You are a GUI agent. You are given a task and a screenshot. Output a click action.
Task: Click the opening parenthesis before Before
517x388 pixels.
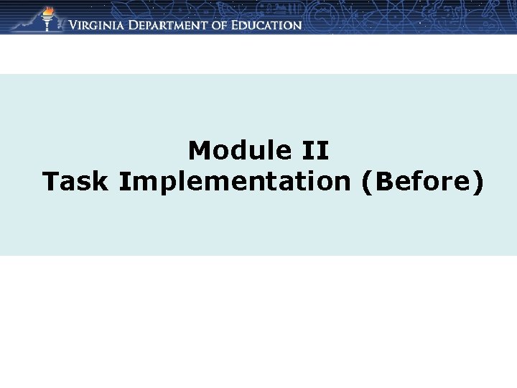pyautogui.click(x=367, y=183)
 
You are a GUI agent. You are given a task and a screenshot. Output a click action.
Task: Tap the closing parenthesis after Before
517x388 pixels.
pyautogui.click(x=478, y=183)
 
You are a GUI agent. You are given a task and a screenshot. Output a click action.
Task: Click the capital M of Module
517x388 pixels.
pyautogui.click(x=198, y=151)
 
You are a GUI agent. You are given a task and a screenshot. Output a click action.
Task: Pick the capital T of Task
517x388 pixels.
pyautogui.click(x=50, y=182)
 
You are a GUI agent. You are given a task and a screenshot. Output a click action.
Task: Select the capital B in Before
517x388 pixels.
pyautogui.click(x=383, y=182)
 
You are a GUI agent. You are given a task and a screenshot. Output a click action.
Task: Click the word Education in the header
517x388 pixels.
pyautogui.click(x=275, y=25)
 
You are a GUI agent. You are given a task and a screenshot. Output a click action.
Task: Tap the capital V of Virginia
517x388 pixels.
pyautogui.click(x=73, y=25)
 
